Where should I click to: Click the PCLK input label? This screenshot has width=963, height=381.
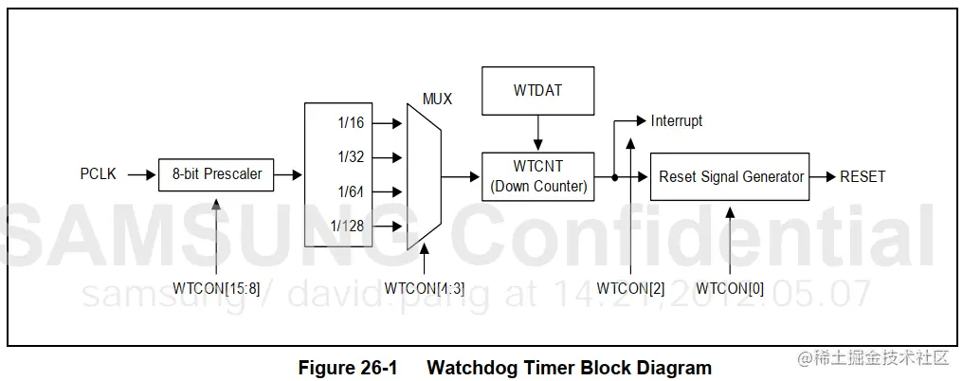coord(99,174)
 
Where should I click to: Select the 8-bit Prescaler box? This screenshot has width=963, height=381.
coord(216,174)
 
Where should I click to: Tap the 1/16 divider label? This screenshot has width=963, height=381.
coord(351,122)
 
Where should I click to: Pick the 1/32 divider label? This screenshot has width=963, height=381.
coord(351,157)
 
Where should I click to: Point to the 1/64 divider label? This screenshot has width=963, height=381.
coord(351,192)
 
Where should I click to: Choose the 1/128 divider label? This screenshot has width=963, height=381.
coord(347,227)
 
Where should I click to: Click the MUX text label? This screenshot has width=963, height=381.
coord(437,99)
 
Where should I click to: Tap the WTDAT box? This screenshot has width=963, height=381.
coord(538,90)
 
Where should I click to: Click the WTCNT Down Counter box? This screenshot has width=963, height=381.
coord(538,176)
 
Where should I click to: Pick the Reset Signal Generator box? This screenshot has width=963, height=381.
coord(730,176)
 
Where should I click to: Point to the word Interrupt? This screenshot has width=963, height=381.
coord(677,121)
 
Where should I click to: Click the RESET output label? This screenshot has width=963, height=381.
coord(863,176)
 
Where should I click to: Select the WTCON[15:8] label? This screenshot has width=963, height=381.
coord(216,288)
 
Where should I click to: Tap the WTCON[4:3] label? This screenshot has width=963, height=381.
coord(425,288)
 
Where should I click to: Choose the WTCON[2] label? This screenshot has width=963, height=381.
coord(631,288)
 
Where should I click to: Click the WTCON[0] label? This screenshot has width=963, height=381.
coord(730,288)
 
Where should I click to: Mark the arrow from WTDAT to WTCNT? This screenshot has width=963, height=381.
coord(538,132)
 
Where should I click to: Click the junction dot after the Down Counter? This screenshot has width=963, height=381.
coord(615,176)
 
